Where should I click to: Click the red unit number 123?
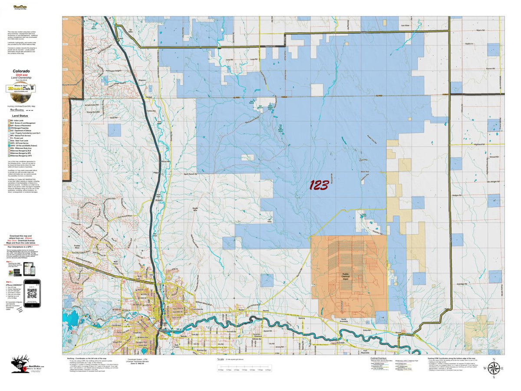pos(318,186)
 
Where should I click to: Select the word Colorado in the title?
pos(21,71)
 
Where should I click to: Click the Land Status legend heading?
pos(21,116)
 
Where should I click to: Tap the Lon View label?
pos(405,26)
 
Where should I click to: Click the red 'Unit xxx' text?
pos(21,75)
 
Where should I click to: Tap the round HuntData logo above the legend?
pos(21,89)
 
